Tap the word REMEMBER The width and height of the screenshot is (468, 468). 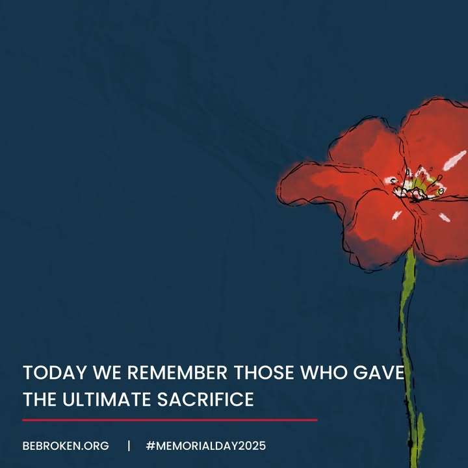(x=177, y=372)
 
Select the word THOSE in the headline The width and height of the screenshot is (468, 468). (x=264, y=372)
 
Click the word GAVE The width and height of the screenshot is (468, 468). (x=378, y=372)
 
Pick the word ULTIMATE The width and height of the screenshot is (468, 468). (x=107, y=399)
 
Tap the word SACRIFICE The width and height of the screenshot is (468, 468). (x=205, y=399)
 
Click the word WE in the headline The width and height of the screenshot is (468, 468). (x=107, y=372)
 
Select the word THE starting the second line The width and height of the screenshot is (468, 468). (x=40, y=399)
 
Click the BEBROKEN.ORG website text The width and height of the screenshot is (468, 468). (x=66, y=446)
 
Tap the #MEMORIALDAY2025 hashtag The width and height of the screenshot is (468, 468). (x=206, y=446)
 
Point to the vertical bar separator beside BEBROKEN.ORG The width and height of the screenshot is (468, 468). (x=129, y=446)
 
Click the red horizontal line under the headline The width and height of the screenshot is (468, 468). (x=170, y=420)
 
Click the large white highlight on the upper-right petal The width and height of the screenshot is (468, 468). (x=454, y=161)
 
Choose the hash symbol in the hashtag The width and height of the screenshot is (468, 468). (x=151, y=446)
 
